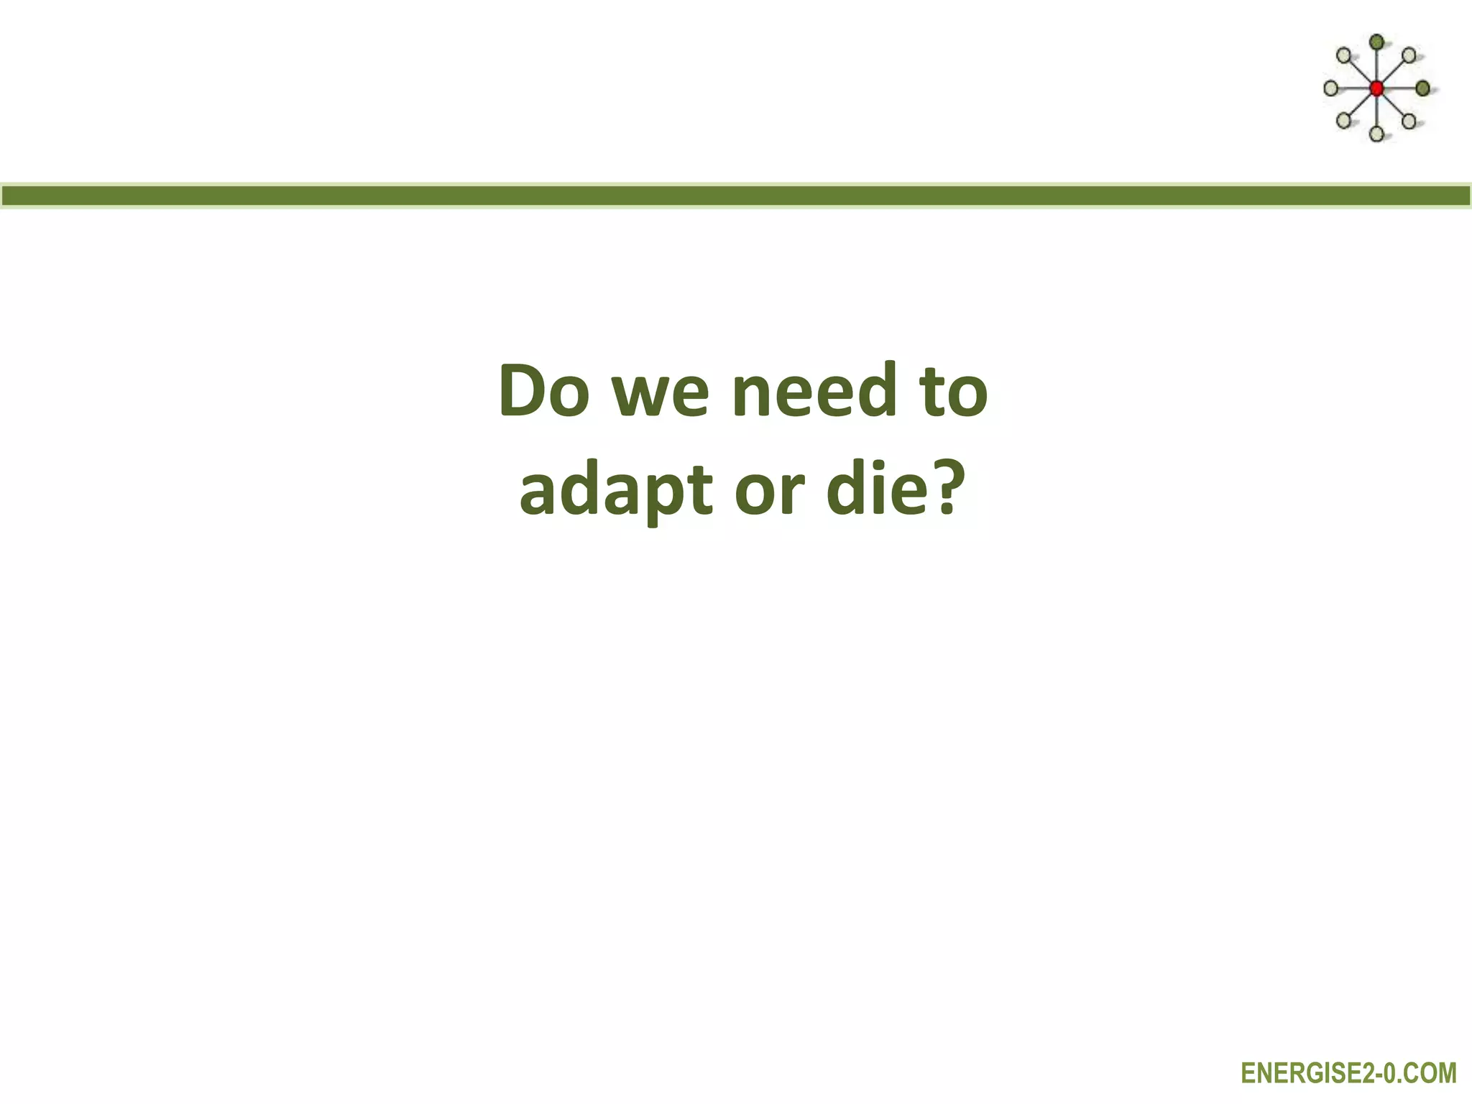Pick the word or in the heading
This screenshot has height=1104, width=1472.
768,493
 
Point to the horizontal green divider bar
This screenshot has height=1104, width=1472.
736,195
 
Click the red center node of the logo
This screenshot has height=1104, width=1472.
1376,88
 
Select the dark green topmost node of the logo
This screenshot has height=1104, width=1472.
1376,42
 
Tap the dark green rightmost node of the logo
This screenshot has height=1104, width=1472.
1422,88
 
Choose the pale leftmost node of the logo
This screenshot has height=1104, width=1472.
1330,88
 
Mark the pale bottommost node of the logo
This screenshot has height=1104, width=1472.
1376,134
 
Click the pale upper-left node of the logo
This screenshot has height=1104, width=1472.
1343,55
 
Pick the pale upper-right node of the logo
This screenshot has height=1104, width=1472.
1409,55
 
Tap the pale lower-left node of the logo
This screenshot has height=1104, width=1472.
1343,120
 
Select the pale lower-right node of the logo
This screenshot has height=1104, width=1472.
1409,121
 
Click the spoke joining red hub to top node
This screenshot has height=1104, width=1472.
1376,65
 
